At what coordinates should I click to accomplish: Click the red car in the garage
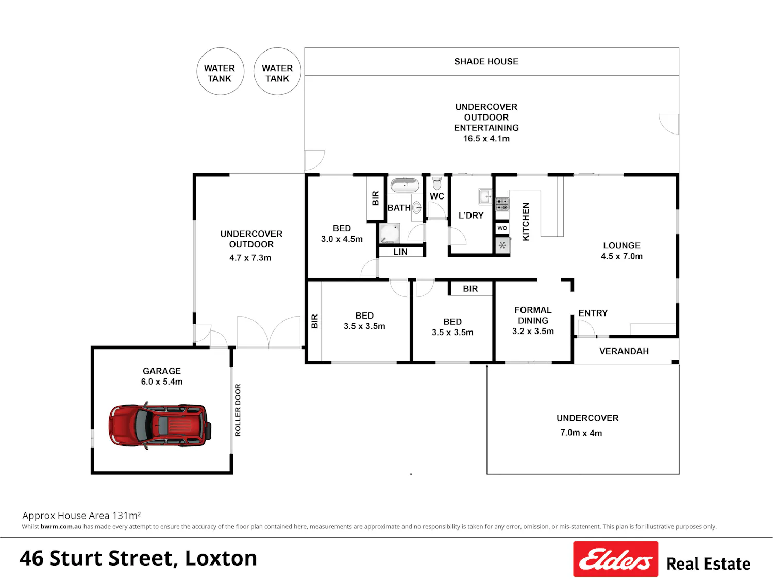click(x=160, y=425)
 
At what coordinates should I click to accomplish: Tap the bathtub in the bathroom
click(x=405, y=185)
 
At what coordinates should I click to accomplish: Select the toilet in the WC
click(x=436, y=183)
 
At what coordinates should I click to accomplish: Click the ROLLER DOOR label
click(x=238, y=410)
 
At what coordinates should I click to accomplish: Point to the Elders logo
click(x=615, y=559)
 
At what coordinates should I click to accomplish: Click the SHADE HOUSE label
click(x=486, y=62)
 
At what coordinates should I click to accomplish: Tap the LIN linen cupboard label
click(x=400, y=252)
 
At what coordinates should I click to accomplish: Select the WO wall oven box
click(x=502, y=228)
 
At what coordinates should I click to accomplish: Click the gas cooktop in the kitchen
click(x=502, y=204)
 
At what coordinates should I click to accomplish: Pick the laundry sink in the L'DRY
click(x=485, y=196)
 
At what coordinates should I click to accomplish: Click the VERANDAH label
click(x=624, y=351)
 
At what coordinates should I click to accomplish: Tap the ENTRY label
click(x=593, y=313)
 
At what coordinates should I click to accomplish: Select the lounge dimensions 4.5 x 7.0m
click(x=621, y=256)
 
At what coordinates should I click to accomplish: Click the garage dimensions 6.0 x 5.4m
click(x=162, y=382)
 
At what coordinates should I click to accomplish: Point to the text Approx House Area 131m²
click(x=82, y=516)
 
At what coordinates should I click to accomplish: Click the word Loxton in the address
click(x=221, y=558)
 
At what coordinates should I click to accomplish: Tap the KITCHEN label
click(x=526, y=222)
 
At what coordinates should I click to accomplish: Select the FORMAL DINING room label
click(x=533, y=315)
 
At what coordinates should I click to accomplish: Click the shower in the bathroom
click(x=390, y=233)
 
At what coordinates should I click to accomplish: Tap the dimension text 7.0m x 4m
click(x=581, y=433)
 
